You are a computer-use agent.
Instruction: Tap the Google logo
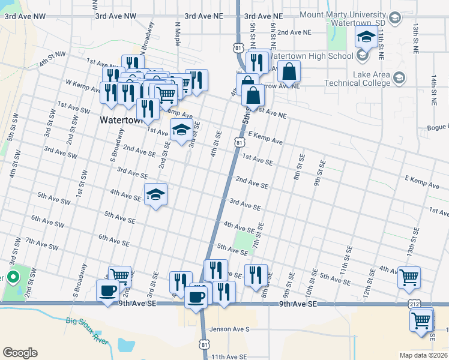coord(20,352)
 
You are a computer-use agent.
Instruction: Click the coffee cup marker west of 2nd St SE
coord(108,291)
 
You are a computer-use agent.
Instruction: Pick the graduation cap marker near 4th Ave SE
coord(155,194)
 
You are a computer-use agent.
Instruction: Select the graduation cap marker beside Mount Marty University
coord(366,37)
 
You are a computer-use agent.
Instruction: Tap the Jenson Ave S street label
coord(229,329)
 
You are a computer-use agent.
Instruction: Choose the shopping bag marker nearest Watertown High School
coord(289,72)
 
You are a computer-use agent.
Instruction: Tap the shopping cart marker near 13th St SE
coord(409,278)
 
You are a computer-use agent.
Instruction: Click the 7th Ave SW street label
coord(42,244)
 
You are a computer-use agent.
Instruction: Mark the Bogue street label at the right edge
coord(437,127)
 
